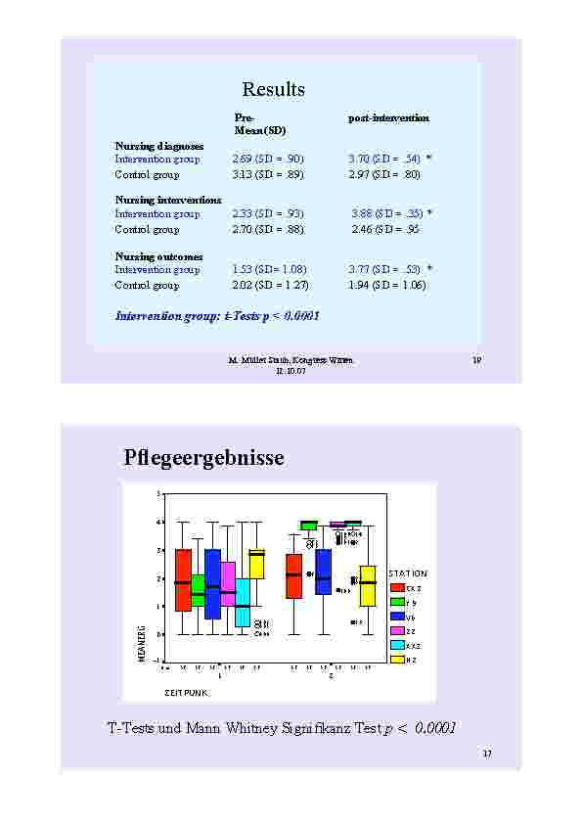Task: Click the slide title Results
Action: (x=274, y=90)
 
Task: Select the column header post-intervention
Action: (x=388, y=117)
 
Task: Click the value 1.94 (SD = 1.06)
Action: (x=387, y=285)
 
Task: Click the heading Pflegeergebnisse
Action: (x=204, y=457)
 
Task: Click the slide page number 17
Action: (x=487, y=753)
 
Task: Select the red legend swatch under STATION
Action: (x=397, y=587)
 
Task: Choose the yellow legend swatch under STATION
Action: (x=397, y=660)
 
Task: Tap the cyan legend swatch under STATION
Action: (x=397, y=645)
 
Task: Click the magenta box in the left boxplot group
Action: (x=228, y=583)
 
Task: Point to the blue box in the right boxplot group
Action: (x=324, y=572)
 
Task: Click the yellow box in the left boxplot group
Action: (x=256, y=564)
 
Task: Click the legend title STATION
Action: (x=407, y=572)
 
